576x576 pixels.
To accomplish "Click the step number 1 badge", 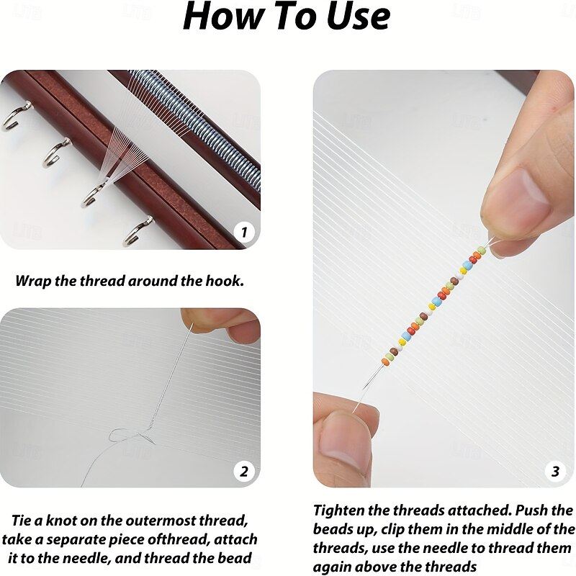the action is coord(244,232).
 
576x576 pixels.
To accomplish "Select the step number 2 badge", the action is coord(244,472).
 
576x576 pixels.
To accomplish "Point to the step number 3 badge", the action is coord(555,471).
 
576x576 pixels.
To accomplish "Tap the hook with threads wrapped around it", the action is coord(92,194).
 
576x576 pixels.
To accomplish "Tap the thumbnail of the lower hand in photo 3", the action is coord(340,439).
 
